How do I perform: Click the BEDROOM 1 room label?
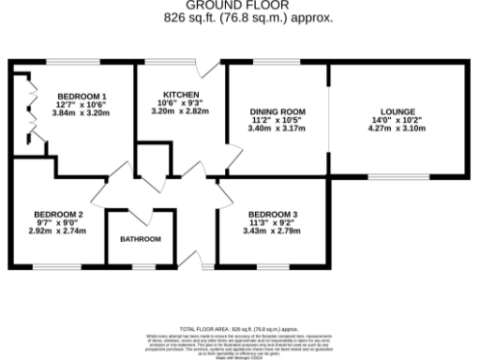(82, 96)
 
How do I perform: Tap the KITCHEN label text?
(180, 95)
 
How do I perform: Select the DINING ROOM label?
(277, 112)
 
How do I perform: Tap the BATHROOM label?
(140, 239)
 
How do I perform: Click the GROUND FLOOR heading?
(239, 6)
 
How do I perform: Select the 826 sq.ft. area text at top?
(239, 18)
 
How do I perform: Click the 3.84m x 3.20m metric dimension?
(82, 112)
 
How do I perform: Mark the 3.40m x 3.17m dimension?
(277, 128)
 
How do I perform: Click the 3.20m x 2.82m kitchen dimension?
(180, 112)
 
